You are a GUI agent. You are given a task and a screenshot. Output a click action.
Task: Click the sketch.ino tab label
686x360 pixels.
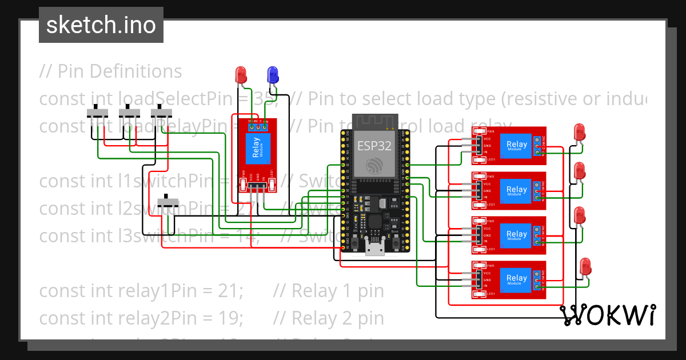point(101,25)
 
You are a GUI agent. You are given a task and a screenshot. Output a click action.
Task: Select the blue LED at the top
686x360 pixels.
point(273,74)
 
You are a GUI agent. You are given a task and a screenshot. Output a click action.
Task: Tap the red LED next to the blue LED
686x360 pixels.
point(241,74)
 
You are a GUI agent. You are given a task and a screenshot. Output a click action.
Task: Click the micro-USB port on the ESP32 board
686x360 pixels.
point(374,249)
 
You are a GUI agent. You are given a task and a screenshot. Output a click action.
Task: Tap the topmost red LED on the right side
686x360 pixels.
point(579,133)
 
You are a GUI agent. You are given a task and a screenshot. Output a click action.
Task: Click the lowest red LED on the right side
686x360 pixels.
point(585,266)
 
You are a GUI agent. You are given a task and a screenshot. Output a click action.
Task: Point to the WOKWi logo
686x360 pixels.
point(607,315)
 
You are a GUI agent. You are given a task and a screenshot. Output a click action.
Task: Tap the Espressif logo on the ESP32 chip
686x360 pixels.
point(374,166)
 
